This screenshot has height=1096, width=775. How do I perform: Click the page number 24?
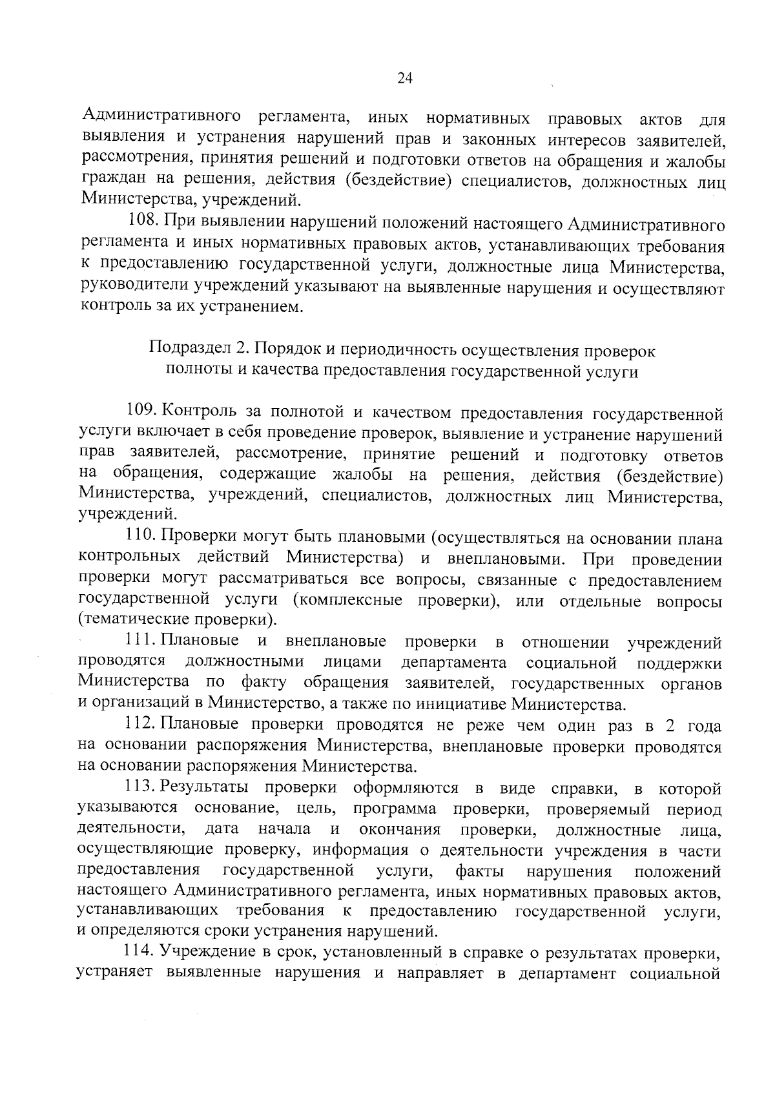point(405,79)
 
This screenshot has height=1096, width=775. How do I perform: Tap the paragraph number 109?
point(141,411)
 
